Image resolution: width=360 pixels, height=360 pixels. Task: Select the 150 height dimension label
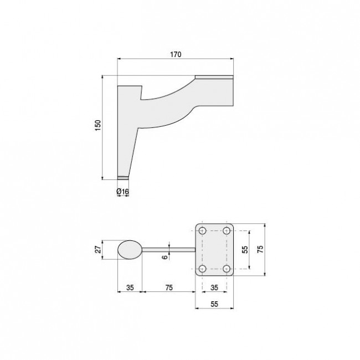[97, 127]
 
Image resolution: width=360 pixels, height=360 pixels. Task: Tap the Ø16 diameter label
[122, 192]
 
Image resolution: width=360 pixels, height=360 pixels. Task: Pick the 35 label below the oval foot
[129, 287]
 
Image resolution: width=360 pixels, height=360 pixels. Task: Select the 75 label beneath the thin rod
[169, 287]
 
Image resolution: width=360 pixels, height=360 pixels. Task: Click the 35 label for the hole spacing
[215, 287]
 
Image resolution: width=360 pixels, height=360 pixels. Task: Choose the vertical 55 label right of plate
[244, 249]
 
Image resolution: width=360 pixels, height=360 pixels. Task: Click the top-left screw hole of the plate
[203, 230]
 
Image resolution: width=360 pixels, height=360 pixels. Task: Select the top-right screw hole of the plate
[227, 230]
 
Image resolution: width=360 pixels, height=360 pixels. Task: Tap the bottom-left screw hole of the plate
[203, 269]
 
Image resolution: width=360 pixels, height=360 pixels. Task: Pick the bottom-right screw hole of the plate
[227, 269]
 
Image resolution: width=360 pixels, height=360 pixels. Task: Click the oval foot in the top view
[130, 250]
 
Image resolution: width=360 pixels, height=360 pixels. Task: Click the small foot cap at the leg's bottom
[122, 178]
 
